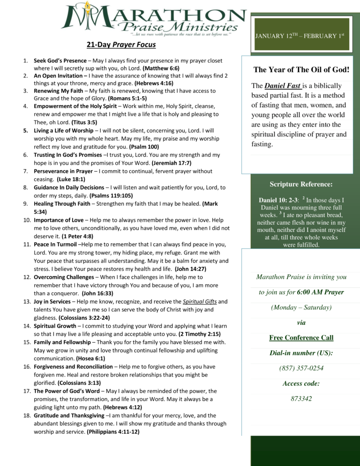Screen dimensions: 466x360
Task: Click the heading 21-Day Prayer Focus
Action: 121,45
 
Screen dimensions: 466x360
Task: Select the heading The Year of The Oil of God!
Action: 301,70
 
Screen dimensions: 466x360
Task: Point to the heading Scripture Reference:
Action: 301,185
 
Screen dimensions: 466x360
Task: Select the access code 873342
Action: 301,398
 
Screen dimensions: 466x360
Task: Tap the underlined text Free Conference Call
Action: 301,338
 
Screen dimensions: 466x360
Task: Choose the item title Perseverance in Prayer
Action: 63,172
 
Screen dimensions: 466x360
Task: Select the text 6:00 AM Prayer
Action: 320,292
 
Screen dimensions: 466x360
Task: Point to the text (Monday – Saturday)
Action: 301,308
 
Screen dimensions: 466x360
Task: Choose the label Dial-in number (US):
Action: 301,353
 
